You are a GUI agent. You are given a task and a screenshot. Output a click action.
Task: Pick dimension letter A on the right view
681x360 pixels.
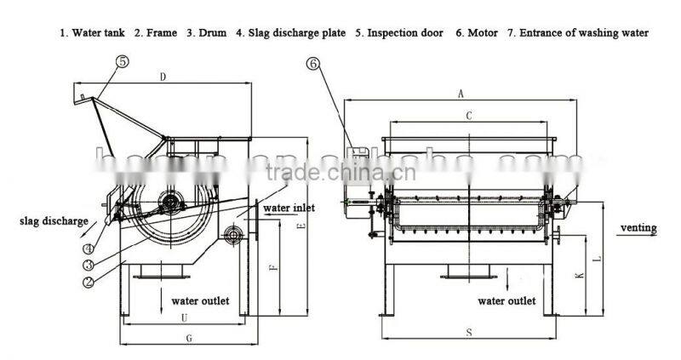pyautogui.click(x=461, y=93)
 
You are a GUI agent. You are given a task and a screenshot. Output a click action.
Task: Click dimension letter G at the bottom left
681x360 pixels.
pyautogui.click(x=189, y=338)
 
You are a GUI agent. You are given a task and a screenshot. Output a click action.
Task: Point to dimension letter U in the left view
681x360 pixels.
pyautogui.click(x=185, y=317)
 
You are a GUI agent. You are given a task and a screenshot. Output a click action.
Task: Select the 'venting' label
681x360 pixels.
pyautogui.click(x=638, y=228)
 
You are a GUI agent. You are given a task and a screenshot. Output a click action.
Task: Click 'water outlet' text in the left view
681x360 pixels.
pyautogui.click(x=201, y=300)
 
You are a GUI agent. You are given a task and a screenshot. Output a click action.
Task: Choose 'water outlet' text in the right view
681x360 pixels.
pyautogui.click(x=506, y=300)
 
